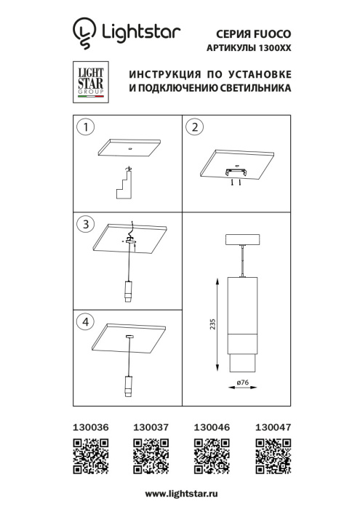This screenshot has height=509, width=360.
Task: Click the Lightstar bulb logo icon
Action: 84,32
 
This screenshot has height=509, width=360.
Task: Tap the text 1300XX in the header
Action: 273,48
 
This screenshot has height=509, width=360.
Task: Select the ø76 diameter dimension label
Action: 244,382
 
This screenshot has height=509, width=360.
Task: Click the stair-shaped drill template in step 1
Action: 125,184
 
